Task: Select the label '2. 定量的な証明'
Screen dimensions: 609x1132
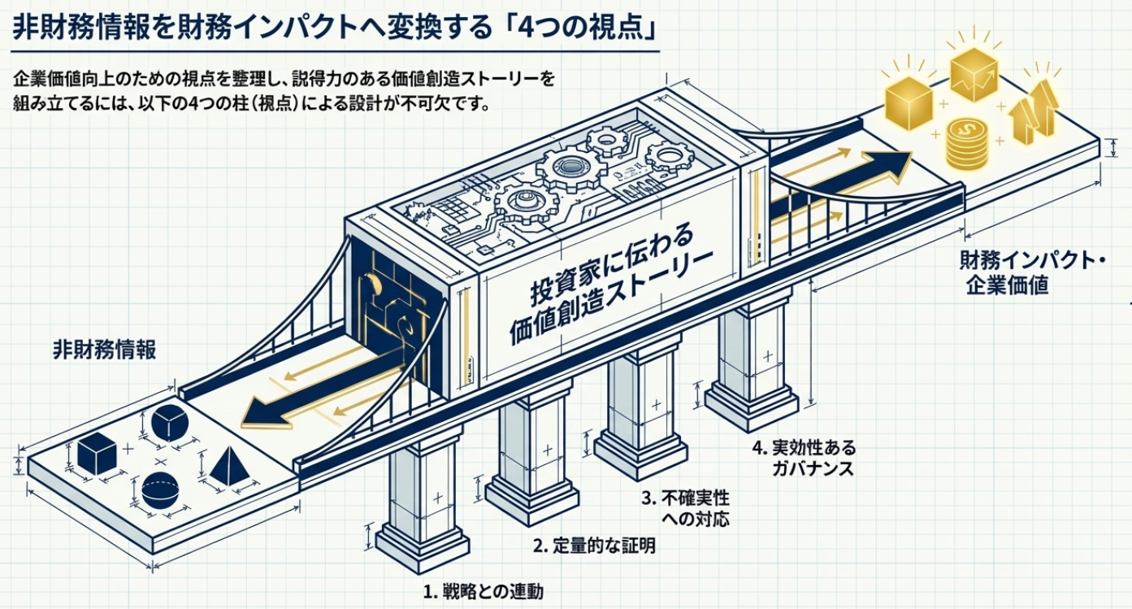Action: pyautogui.click(x=594, y=546)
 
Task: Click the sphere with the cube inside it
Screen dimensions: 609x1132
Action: pyautogui.click(x=170, y=421)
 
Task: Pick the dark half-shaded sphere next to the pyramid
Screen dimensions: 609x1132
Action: pyautogui.click(x=160, y=490)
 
